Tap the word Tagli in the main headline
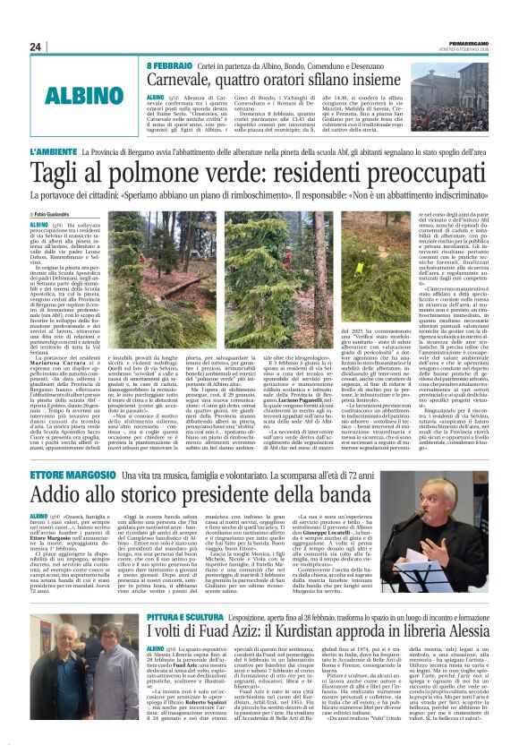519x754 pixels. tap(54, 176)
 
